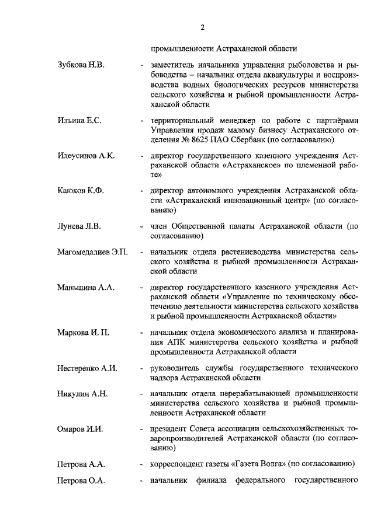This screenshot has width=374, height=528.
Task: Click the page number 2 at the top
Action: click(202, 27)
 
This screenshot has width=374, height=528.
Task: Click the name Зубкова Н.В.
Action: click(81, 64)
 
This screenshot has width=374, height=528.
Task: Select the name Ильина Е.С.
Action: click(79, 120)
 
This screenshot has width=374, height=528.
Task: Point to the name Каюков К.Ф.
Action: click(80, 193)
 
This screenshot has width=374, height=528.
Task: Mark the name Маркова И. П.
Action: click(83, 333)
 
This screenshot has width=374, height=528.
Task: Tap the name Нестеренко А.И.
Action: click(88, 369)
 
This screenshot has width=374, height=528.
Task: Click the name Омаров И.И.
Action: click(80, 429)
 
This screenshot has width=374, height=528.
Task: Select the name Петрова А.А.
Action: click(81, 464)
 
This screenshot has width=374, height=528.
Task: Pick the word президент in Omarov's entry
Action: click(169, 429)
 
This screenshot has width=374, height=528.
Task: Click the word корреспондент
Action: click(177, 464)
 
